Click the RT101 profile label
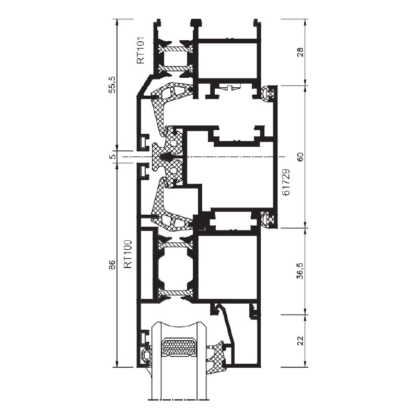click(x=140, y=50)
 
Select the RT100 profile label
click(x=128, y=254)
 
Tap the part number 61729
click(x=286, y=182)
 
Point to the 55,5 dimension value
click(x=113, y=84)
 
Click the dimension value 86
click(x=113, y=265)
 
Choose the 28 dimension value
click(x=300, y=52)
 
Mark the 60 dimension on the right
click(x=300, y=157)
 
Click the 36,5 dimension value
click(x=300, y=271)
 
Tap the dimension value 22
click(x=300, y=341)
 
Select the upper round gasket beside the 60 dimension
click(x=268, y=94)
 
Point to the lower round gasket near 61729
click(x=268, y=219)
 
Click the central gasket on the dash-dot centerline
click(x=167, y=157)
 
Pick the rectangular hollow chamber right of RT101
click(x=228, y=61)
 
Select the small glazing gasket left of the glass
click(x=145, y=356)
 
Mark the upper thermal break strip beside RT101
click(x=175, y=49)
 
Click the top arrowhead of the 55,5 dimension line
click(x=117, y=22)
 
